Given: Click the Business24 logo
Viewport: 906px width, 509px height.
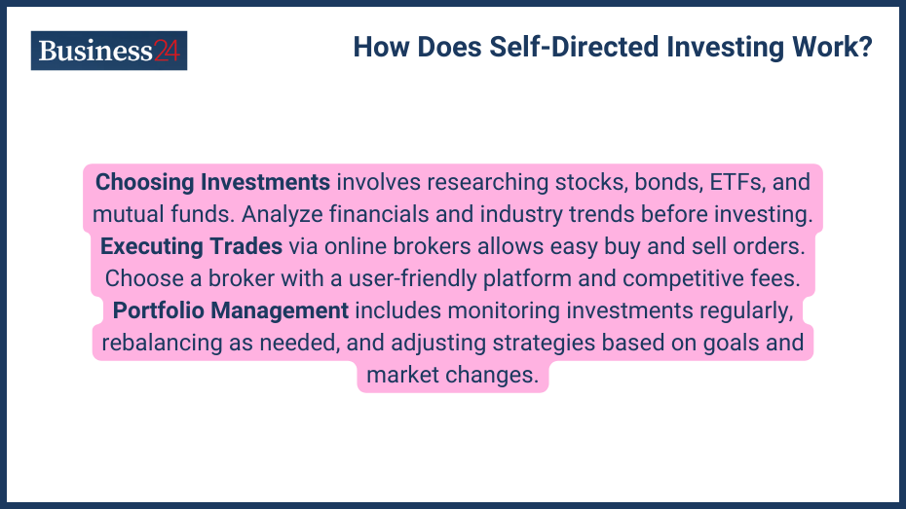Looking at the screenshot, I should [x=109, y=51].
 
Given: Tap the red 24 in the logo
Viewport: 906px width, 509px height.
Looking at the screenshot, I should [x=167, y=51].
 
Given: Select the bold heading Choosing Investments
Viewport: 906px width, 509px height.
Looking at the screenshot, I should [x=212, y=182].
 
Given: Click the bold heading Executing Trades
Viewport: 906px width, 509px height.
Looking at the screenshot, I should [x=191, y=245].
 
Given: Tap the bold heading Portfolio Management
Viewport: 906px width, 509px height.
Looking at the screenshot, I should [x=231, y=310].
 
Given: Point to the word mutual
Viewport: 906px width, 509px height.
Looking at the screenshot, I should [x=128, y=213].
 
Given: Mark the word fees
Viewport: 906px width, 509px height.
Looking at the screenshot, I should [x=774, y=278].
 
